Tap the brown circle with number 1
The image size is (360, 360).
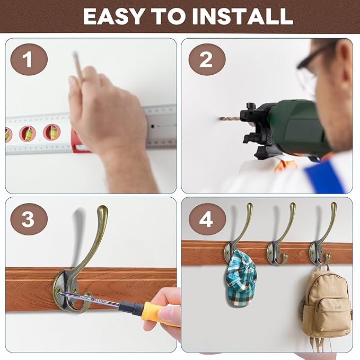28,59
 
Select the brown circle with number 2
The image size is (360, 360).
206,59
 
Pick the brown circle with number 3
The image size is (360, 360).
28,218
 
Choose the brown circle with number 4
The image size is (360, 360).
206,218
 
